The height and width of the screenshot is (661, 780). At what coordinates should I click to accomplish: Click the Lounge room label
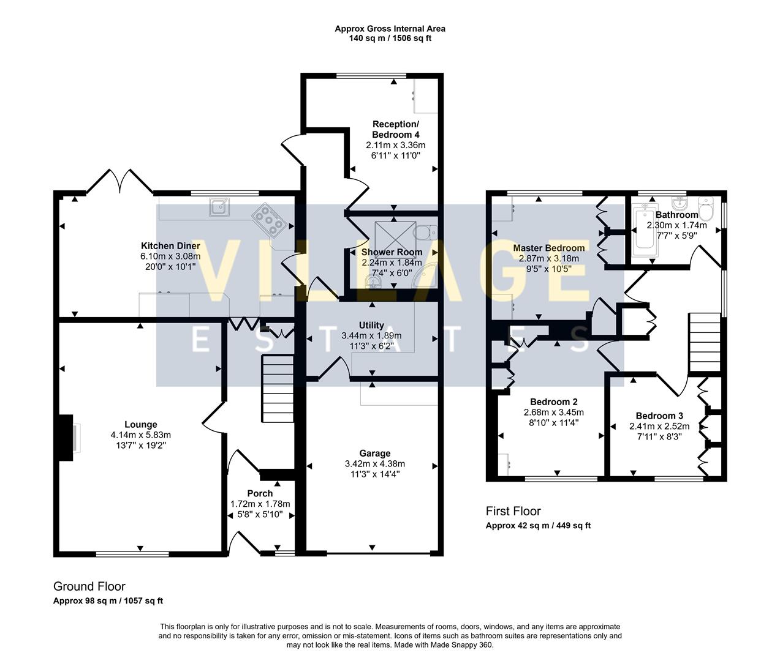[140, 425]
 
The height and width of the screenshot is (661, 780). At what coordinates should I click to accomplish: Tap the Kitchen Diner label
[170, 246]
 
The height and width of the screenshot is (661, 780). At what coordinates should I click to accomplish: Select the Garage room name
[374, 454]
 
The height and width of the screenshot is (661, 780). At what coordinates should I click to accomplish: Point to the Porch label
[260, 493]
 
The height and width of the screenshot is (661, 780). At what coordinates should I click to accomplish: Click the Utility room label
[371, 326]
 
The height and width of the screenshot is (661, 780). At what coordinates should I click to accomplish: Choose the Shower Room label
[392, 252]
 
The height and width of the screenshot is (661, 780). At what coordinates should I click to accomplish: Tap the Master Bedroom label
[548, 248]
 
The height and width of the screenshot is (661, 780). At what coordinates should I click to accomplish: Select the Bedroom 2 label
[553, 402]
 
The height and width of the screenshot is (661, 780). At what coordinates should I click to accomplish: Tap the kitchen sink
[219, 207]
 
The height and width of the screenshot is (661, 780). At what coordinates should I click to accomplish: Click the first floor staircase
[704, 342]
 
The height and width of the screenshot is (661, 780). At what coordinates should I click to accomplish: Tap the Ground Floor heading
[89, 586]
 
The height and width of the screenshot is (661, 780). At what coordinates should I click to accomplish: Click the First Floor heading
[513, 511]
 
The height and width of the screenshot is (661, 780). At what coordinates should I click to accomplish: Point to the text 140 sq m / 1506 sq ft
[390, 38]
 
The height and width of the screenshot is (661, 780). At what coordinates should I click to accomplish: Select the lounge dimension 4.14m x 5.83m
[140, 435]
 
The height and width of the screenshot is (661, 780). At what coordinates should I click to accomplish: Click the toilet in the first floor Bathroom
[706, 211]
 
